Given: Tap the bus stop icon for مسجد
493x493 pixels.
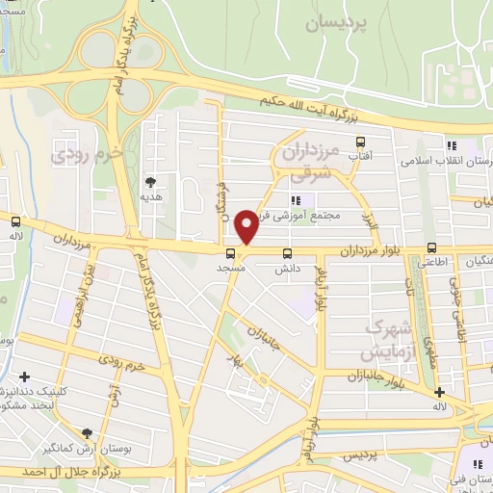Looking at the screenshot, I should coord(230,254).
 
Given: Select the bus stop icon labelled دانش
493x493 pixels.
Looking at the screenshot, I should coord(287,254).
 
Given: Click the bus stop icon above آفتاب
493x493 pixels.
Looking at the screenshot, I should coord(361,142).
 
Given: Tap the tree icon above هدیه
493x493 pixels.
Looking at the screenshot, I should coord(151,180).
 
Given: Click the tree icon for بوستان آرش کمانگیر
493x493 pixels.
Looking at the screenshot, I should coord(88,434).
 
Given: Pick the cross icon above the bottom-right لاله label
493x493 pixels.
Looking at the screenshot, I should coord(439,392).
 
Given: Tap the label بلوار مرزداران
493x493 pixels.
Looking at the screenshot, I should coord(369,252).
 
